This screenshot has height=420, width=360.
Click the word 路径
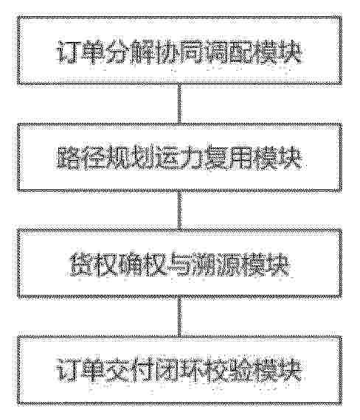pos(80,157)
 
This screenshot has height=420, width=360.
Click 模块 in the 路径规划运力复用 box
pos(277,157)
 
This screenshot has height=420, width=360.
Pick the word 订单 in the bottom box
pos(80,370)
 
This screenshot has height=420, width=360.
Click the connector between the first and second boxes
pos(179,104)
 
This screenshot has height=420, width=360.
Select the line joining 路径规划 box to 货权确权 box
pos(179,210)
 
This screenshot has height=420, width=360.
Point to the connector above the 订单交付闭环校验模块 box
pos(179,316)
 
